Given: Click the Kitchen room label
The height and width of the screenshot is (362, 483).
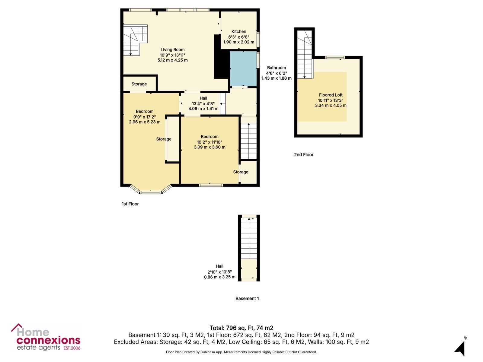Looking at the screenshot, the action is (x=238, y=31).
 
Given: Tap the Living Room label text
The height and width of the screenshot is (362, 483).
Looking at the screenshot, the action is (x=172, y=50).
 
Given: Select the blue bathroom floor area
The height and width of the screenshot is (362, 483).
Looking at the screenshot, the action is (x=243, y=69).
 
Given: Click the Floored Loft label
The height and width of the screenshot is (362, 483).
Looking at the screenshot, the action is (x=331, y=95).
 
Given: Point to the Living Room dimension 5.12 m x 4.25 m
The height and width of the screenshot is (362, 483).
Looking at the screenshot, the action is (x=172, y=60).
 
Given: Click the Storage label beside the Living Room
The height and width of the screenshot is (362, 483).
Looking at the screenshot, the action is (x=139, y=84).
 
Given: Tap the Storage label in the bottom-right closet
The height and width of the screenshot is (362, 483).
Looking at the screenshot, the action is (x=241, y=172).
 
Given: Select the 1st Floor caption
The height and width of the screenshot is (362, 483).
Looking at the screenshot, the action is (x=130, y=204).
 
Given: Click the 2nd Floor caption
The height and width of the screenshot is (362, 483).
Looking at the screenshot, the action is (x=304, y=154).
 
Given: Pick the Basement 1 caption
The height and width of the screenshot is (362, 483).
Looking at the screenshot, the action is (x=247, y=298).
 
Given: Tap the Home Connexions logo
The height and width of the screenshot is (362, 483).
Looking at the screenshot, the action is (x=46, y=337).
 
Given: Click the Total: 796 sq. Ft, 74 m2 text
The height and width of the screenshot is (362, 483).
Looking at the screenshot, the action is (x=241, y=328).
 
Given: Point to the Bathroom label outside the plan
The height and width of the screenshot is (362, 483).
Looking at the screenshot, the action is (x=277, y=68).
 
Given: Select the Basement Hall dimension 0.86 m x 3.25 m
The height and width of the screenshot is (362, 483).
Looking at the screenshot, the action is (x=219, y=277).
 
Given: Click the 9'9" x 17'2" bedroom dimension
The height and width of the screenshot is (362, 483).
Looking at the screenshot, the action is (x=145, y=117).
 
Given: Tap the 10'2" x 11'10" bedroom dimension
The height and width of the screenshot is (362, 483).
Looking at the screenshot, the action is (x=210, y=142).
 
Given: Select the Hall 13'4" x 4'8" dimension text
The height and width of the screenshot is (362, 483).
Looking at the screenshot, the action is (x=203, y=103).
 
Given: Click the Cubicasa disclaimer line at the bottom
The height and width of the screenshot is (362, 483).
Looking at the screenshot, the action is (x=241, y=352).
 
